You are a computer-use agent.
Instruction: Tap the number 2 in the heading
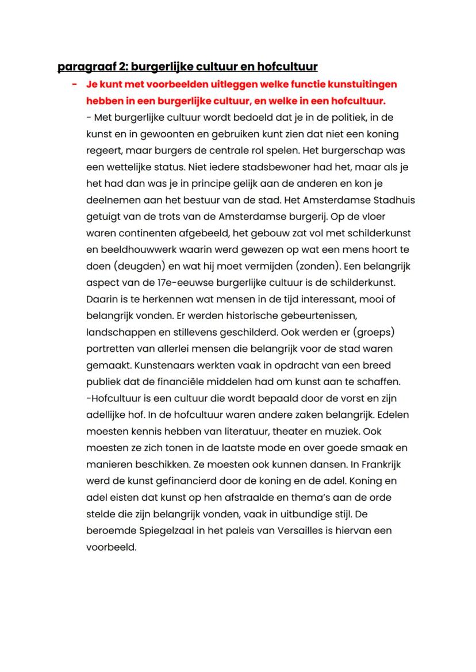click(115, 67)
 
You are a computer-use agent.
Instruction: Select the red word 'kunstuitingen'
click(361, 85)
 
